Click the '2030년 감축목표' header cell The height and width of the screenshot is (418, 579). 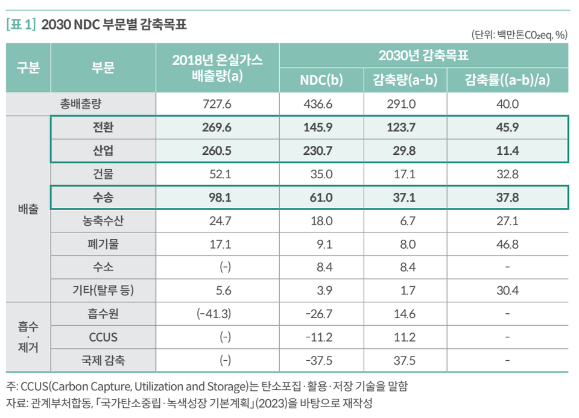coord(423,57)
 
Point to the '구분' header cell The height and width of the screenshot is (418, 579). coord(28,68)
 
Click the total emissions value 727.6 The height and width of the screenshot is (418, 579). coord(217,104)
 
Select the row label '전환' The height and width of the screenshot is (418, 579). coord(103,128)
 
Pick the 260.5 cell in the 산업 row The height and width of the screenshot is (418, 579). coord(217,151)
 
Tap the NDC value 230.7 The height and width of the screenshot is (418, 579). coord(321,151)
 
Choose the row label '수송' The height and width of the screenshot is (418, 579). coord(103,198)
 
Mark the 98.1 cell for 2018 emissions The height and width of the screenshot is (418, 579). coord(217,198)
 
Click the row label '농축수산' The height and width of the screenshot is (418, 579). coord(103,220)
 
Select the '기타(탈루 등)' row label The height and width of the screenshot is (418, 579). coord(103,290)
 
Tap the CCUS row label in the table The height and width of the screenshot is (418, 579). coord(103,337)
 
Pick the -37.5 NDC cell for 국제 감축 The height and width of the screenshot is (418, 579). coord(321,360)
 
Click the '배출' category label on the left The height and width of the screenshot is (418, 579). coord(28,209)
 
